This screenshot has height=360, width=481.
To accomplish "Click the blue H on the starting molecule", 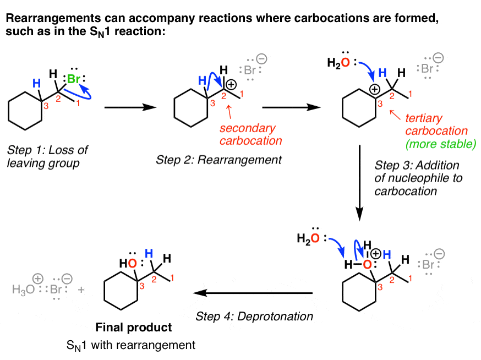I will (x=37, y=84).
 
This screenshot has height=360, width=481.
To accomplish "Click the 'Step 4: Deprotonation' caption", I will (x=255, y=317).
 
